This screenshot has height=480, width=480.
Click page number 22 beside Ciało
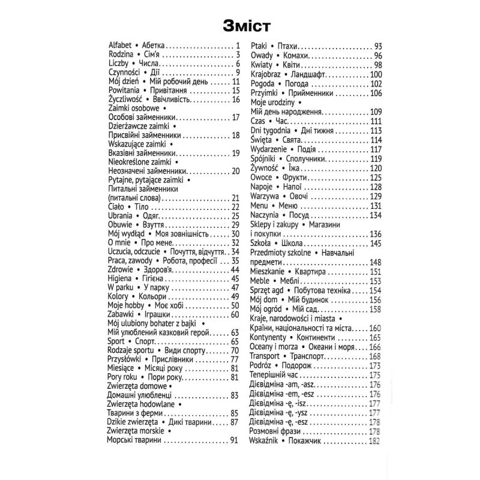(x=235, y=207)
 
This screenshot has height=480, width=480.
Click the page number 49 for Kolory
(x=235, y=297)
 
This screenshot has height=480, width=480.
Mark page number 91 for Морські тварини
(x=235, y=440)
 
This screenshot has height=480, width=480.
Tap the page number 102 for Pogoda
(x=376, y=83)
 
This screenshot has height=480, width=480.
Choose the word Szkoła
(x=262, y=243)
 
